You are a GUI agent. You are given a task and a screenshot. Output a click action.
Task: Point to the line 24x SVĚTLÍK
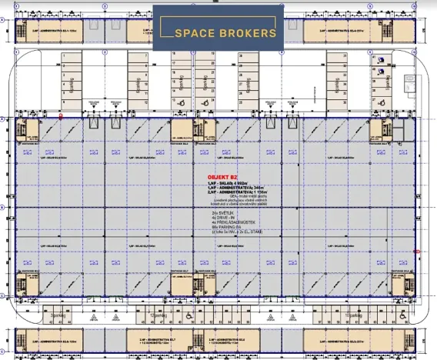click(x=222, y=212)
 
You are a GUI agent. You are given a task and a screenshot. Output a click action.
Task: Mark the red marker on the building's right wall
click(x=416, y=252)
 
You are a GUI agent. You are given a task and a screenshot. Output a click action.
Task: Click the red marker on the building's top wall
click(x=61, y=117)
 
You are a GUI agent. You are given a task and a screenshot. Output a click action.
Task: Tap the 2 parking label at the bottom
click(x=55, y=315)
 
